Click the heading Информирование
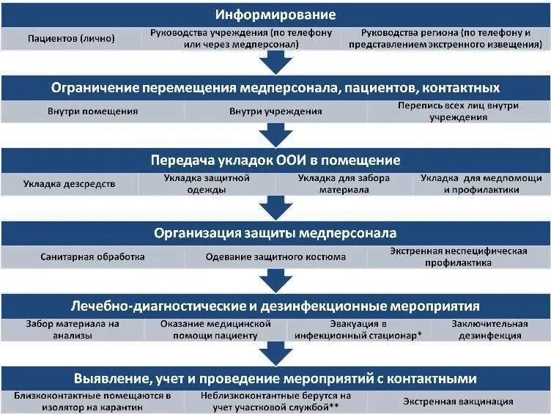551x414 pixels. [275, 15]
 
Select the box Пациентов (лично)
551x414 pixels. [71, 39]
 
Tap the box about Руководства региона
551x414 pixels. [456, 38]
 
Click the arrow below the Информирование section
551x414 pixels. [275, 63]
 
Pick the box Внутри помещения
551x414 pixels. [92, 111]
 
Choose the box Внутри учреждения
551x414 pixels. [275, 111]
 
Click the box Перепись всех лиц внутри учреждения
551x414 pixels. [459, 111]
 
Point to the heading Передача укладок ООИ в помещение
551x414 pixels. [275, 160]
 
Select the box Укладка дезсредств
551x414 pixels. [69, 184]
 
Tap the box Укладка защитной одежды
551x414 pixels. [206, 184]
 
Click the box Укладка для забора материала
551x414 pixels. [344, 184]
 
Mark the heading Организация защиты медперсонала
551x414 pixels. [275, 233]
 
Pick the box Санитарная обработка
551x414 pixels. [92, 257]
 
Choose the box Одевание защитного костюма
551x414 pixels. [275, 257]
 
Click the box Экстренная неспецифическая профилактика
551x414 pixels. [459, 257]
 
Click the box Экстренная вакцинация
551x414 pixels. [459, 402]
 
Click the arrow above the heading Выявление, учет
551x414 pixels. [275, 355]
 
